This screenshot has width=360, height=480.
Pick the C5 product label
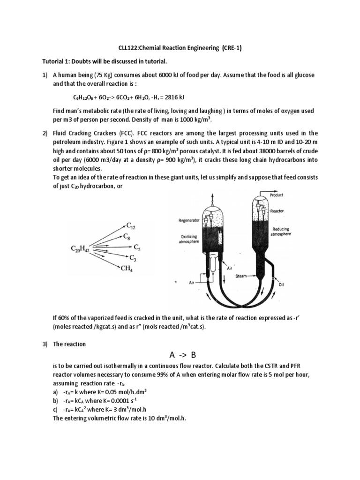pos(137,247)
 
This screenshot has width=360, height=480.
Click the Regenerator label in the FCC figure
pos(189,219)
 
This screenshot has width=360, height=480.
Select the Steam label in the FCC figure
pos(241,277)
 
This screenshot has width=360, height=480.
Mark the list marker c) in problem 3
pos(56,409)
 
